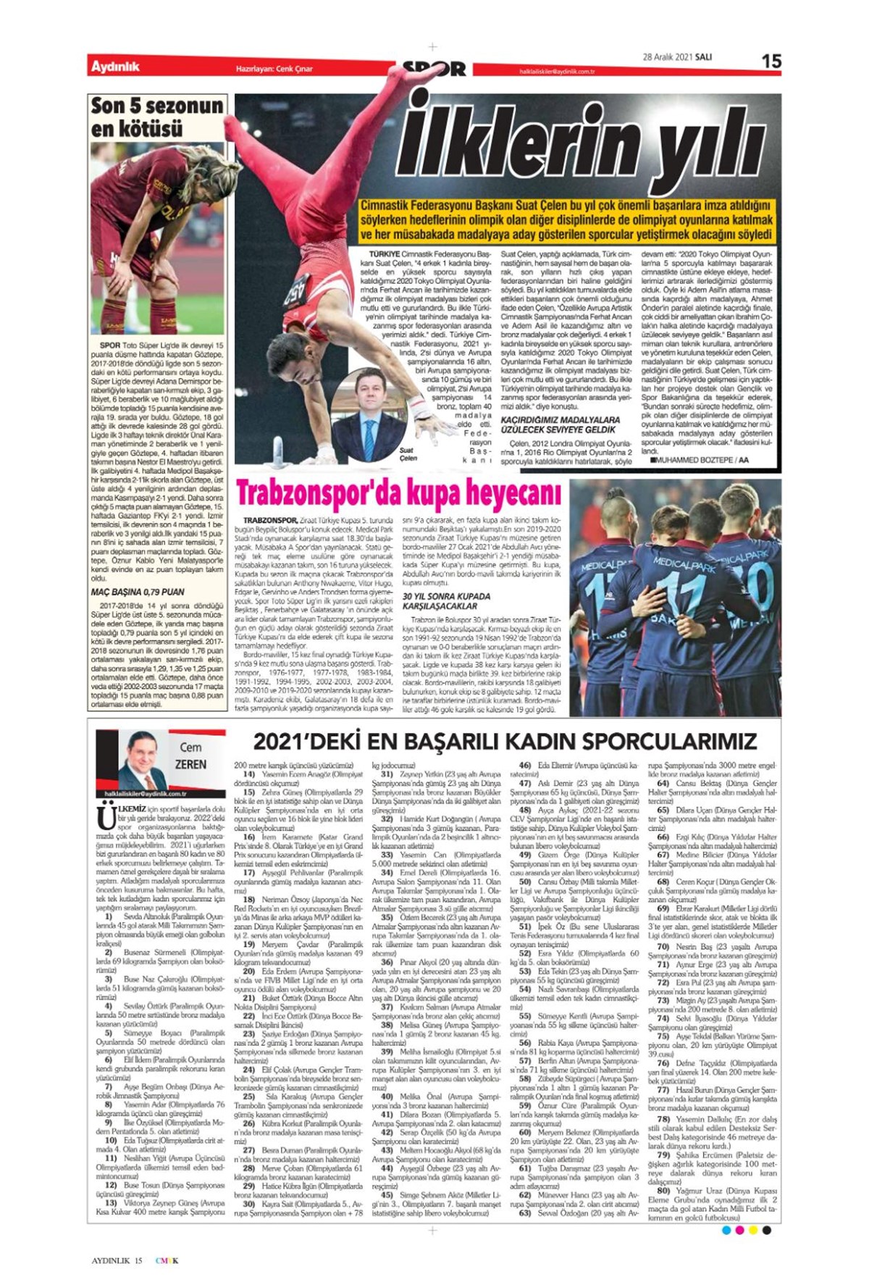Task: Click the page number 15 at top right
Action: (771, 61)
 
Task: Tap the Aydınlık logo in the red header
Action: (115, 67)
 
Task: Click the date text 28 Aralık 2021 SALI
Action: (677, 58)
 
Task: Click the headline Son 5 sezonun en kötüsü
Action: (157, 117)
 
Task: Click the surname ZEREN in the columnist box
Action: (190, 765)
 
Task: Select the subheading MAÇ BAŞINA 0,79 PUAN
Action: (138, 592)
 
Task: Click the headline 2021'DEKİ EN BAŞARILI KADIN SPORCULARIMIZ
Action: (505, 741)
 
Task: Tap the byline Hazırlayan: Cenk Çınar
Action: (274, 69)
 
